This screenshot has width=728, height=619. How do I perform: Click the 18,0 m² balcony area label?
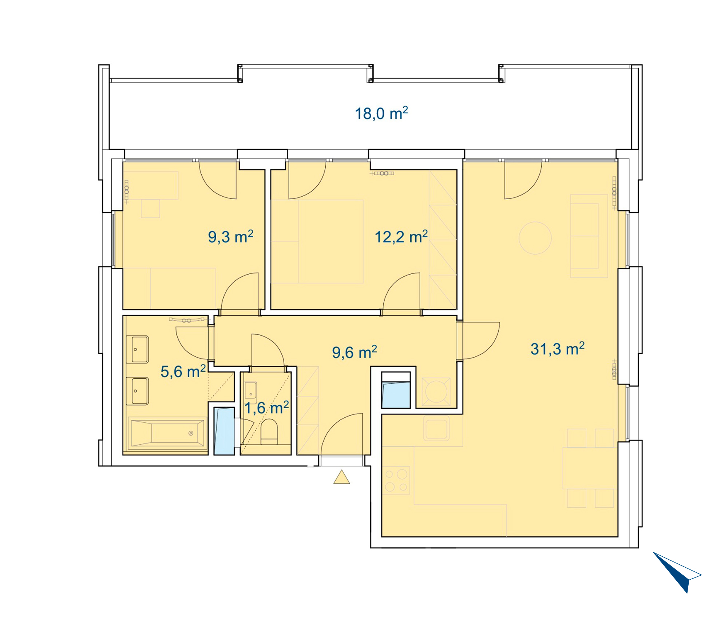[381, 113]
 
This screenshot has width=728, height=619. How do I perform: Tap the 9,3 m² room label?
[230, 237]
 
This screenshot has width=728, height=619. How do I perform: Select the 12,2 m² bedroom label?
[401, 237]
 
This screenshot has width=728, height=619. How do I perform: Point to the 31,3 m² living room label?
[557, 348]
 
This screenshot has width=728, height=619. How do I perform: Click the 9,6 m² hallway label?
[354, 352]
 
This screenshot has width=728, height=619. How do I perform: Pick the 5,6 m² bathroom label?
[183, 371]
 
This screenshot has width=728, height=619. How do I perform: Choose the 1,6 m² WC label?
[266, 408]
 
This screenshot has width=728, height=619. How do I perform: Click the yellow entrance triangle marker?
[341, 477]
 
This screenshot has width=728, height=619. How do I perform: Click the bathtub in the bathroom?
[167, 433]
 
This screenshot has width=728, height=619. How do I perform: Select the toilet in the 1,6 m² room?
[269, 431]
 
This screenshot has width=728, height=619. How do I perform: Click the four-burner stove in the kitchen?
[396, 480]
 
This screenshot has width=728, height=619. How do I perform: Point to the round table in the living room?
[535, 238]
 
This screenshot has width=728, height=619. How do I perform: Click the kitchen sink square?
[436, 428]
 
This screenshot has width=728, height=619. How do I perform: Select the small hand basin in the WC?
[250, 390]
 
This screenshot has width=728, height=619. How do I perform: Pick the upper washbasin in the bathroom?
[137, 350]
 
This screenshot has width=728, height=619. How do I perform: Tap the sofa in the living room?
[589, 236]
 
